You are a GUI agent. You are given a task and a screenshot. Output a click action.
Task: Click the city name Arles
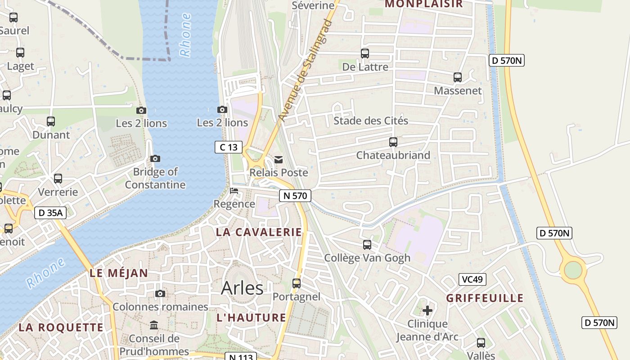coord(242,288)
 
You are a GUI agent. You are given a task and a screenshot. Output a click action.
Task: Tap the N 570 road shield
coord(295,196)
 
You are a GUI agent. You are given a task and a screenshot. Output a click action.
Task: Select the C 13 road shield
coord(229,147)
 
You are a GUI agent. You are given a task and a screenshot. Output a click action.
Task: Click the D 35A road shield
coord(50,213)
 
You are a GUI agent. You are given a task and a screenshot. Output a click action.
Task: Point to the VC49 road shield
coord(472,279)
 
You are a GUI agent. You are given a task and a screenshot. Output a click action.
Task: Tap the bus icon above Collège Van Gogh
coord(367,245)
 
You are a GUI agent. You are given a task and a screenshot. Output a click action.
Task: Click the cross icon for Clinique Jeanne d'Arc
coord(427,310)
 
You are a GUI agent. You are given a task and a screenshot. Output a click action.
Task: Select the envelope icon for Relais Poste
coord(279,160)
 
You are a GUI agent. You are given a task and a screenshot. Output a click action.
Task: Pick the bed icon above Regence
coord(234,191)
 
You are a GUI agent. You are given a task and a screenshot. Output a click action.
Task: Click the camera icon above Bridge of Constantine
coord(155,159)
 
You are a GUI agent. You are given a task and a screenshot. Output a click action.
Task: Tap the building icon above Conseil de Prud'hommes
coord(154,325)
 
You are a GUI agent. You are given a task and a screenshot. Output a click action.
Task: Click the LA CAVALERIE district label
coord(259,232)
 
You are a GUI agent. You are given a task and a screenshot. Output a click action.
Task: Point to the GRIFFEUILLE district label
coord(485,298)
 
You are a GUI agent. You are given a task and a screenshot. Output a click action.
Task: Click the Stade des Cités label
coord(371,121)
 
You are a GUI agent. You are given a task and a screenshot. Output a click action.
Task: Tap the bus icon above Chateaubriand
coord(393,142)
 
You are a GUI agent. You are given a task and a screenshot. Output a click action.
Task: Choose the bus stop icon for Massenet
coord(458,77)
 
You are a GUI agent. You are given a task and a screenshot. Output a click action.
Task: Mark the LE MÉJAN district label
coord(118,273)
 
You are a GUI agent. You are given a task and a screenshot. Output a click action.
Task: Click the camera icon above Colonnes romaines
coord(160,294)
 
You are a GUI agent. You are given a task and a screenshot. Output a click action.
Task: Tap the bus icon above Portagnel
coord(297,283)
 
